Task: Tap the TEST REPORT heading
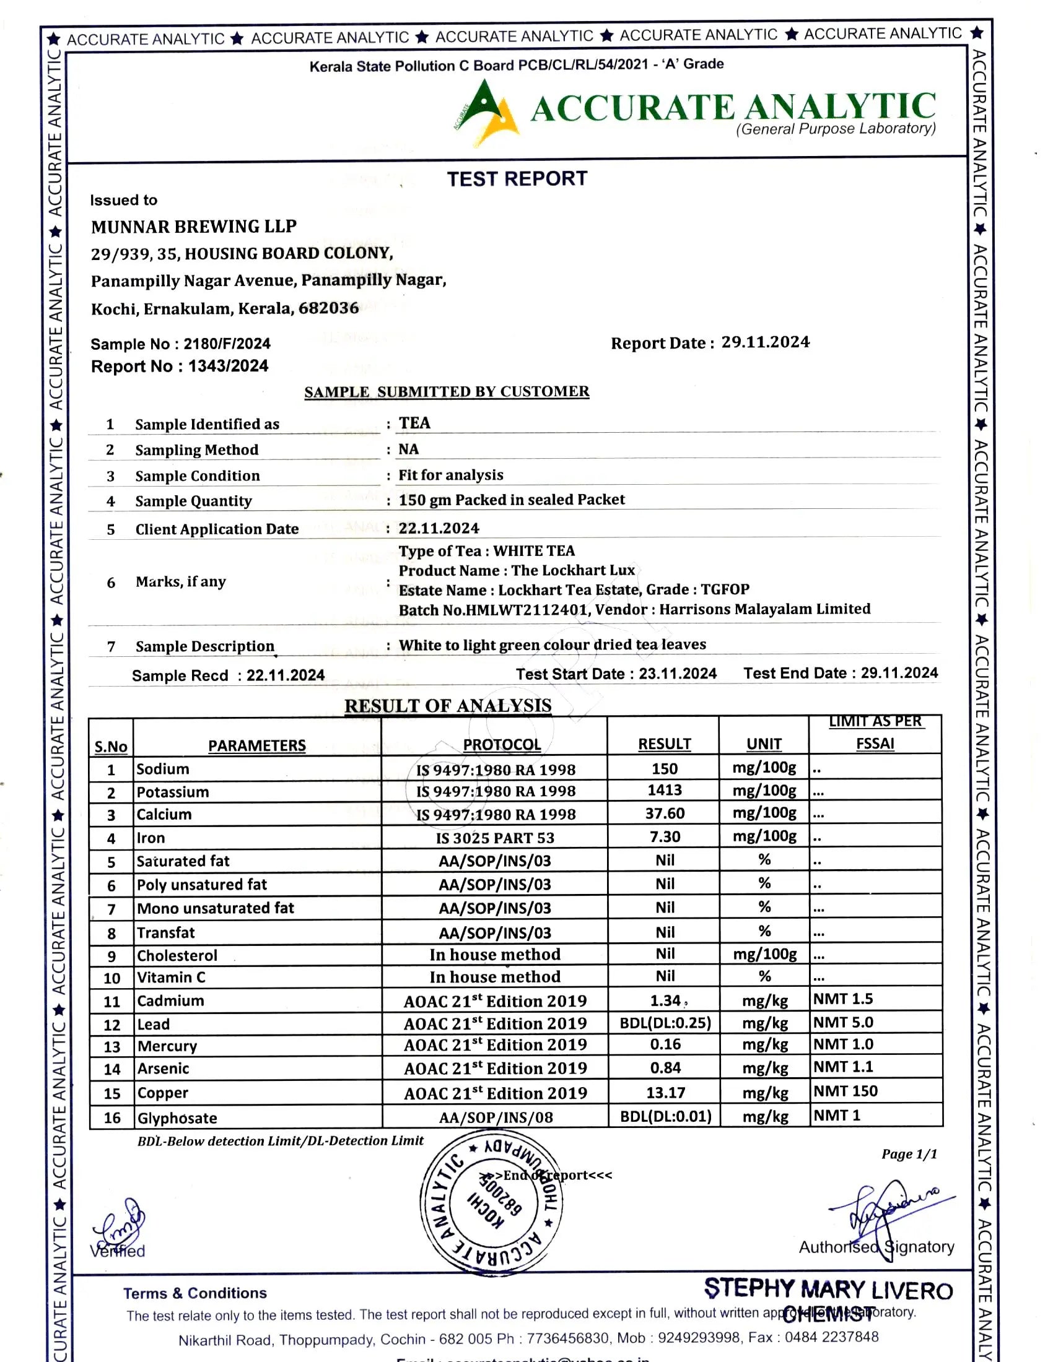click(x=517, y=179)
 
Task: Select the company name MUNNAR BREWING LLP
click(x=193, y=227)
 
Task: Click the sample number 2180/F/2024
click(x=227, y=344)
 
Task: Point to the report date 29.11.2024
click(x=766, y=342)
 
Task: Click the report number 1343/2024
click(x=229, y=366)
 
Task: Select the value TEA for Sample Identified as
click(x=415, y=423)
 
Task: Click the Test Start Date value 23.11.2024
click(x=678, y=674)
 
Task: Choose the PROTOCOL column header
click(x=502, y=745)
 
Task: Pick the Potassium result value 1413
click(x=665, y=790)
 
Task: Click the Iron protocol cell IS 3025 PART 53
click(x=495, y=838)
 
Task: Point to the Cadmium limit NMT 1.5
click(x=843, y=999)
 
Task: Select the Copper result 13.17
click(x=665, y=1093)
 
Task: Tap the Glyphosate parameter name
click(x=177, y=1117)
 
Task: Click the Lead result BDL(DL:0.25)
click(x=665, y=1023)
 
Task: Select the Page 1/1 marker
click(x=909, y=1155)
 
